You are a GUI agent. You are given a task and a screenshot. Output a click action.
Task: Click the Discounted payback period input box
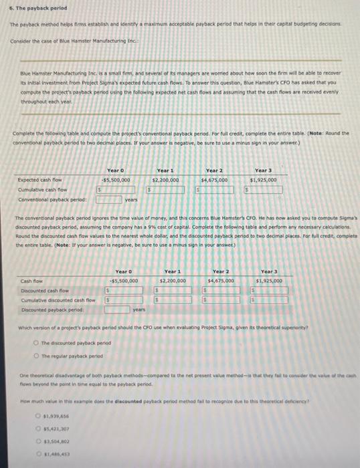(116, 310)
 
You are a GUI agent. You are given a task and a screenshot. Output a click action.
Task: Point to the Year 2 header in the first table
(213, 171)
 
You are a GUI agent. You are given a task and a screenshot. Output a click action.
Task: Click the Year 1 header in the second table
(173, 271)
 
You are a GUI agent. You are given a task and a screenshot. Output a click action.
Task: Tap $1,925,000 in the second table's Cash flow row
(268, 281)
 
